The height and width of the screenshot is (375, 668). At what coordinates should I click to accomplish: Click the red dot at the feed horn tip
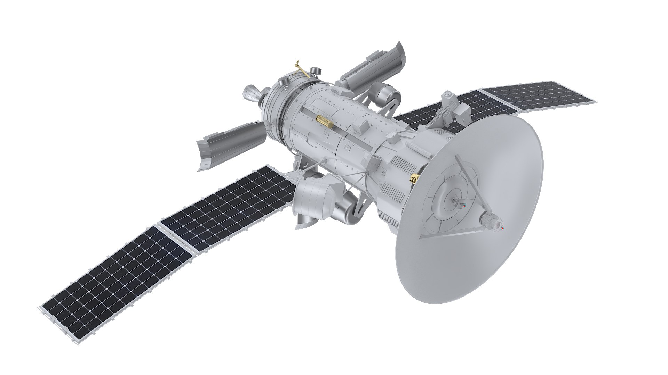(502, 228)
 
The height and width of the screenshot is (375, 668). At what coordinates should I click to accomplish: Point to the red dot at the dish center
(464, 206)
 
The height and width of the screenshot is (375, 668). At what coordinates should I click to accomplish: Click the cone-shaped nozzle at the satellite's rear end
(251, 95)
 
